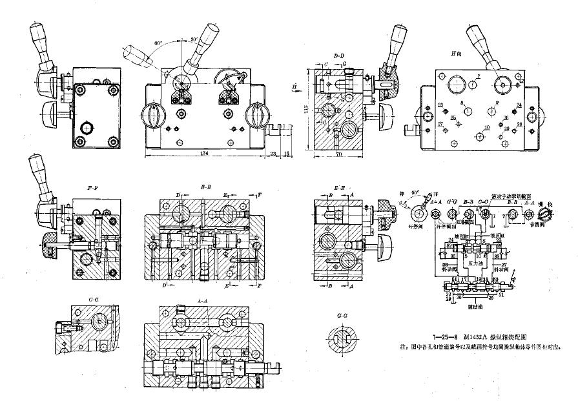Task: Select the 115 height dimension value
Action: (x=306, y=110)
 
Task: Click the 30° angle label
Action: (x=193, y=40)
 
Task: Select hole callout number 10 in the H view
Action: (x=486, y=128)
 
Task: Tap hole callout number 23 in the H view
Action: (x=440, y=105)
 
